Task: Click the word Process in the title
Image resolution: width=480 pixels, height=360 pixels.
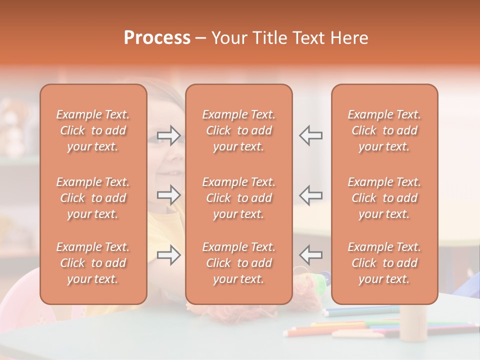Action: click(x=157, y=38)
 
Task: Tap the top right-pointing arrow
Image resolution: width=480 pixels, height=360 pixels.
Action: click(x=168, y=135)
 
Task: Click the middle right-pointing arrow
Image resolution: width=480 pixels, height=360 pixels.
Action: click(x=168, y=195)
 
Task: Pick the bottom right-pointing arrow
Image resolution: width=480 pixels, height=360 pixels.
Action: click(x=168, y=254)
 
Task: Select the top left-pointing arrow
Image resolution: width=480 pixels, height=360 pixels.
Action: click(x=311, y=135)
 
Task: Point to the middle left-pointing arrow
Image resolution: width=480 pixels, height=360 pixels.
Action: click(x=311, y=195)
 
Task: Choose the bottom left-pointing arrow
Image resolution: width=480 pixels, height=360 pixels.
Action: click(x=311, y=254)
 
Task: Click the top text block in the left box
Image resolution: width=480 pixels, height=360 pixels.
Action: click(x=93, y=130)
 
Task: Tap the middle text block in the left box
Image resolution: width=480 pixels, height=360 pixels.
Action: click(x=93, y=198)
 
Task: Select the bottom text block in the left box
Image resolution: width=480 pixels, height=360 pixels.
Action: click(x=93, y=263)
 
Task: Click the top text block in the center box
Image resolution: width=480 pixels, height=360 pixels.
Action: click(x=239, y=130)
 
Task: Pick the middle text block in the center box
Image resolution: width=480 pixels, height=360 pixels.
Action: click(x=239, y=198)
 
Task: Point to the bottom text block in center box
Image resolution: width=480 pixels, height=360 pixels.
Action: click(x=239, y=263)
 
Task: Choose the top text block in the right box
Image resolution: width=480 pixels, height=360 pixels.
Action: click(x=384, y=130)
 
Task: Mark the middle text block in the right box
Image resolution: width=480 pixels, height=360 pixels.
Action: click(x=384, y=198)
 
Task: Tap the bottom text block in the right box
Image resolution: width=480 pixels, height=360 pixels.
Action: click(x=384, y=263)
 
